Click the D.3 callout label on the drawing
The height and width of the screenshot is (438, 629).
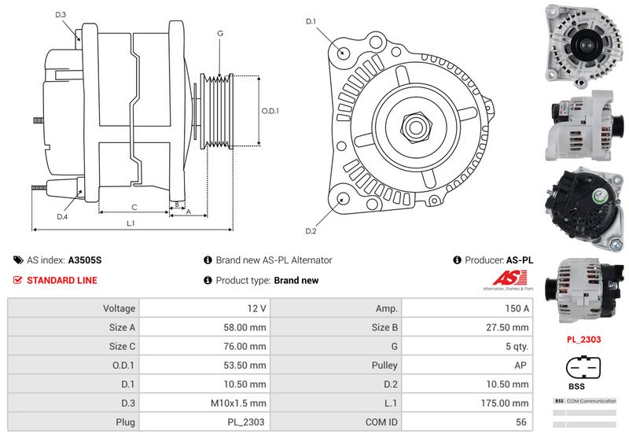click(61, 15)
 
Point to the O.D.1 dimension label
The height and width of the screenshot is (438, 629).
click(270, 111)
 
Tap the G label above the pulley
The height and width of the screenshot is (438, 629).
click(220, 33)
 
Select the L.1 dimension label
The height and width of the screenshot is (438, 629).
click(131, 223)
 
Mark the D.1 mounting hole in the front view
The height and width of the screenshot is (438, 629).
click(343, 52)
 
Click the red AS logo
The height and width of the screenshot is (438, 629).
click(505, 278)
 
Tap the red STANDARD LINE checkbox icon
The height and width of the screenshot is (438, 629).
click(18, 280)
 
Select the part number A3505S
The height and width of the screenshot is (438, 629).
click(85, 259)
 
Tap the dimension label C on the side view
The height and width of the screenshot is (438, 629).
click(134, 208)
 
